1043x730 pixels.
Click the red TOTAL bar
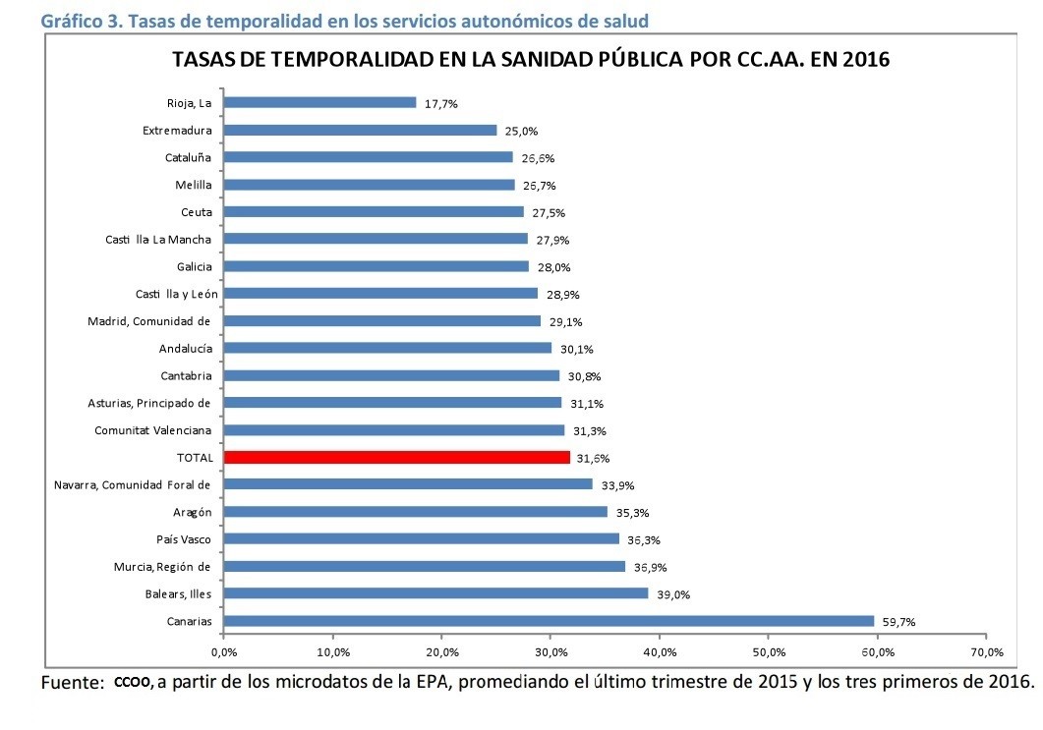pyautogui.click(x=397, y=457)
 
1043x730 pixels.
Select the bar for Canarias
pyautogui.click(x=549, y=621)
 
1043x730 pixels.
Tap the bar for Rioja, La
pyautogui.click(x=319, y=102)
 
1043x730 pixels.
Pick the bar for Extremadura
pyautogui.click(x=360, y=130)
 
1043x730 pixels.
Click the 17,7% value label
pyautogui.click(x=440, y=103)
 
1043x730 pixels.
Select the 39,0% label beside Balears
pyautogui.click(x=672, y=594)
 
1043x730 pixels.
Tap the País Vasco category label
pyautogui.click(x=184, y=539)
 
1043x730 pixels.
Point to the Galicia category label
pyautogui.click(x=194, y=266)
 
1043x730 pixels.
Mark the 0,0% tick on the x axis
pyautogui.click(x=224, y=651)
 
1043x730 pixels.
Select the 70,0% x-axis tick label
pyautogui.click(x=986, y=651)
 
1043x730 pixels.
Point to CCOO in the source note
pyautogui.click(x=133, y=681)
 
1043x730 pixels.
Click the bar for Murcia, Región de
pyautogui.click(x=425, y=566)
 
